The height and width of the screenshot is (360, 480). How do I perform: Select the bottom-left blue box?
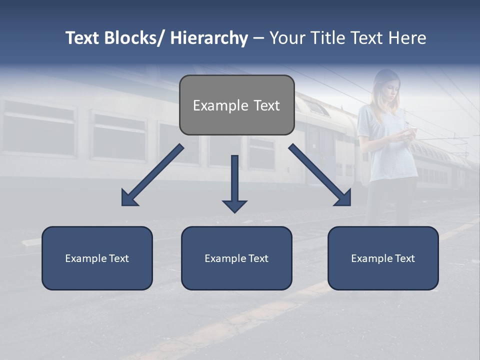(97, 258)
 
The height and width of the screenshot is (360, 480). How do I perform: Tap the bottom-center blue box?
(236, 258)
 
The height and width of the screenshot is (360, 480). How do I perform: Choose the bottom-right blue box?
(383, 258)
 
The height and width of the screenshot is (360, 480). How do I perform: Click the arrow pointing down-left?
(152, 175)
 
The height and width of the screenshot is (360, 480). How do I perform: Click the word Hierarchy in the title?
(209, 38)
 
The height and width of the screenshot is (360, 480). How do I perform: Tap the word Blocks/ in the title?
(135, 38)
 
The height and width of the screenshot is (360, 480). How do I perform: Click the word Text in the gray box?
(266, 105)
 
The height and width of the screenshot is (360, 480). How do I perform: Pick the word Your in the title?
(287, 38)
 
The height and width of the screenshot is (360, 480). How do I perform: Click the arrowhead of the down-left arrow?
(129, 198)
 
